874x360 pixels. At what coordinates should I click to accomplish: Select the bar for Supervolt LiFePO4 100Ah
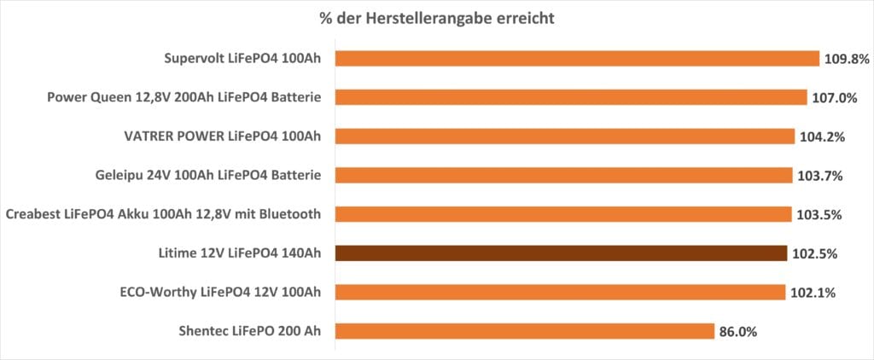click(x=577, y=59)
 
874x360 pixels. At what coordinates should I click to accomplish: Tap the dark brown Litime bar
click(x=561, y=253)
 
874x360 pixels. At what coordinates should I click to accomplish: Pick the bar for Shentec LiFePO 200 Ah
click(x=524, y=331)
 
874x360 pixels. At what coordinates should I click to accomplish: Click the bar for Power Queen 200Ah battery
click(x=571, y=97)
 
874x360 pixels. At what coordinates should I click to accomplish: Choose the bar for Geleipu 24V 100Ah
click(x=563, y=175)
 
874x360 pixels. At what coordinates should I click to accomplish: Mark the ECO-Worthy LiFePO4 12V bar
click(x=560, y=293)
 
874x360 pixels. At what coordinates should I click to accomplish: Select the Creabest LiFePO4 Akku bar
click(x=563, y=214)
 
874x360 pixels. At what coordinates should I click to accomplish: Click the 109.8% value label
click(x=847, y=59)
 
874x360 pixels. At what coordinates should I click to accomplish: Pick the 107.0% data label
click(x=835, y=97)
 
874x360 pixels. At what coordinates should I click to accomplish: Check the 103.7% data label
click(x=821, y=176)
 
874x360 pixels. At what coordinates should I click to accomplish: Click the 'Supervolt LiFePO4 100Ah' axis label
click(x=242, y=59)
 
